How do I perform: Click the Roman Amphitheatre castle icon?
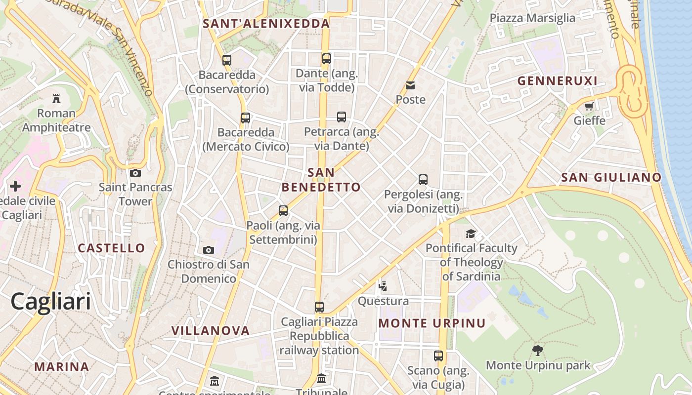pyautogui.click(x=56, y=99)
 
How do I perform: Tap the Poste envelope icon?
pyautogui.click(x=410, y=85)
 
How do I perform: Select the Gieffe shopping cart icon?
pyautogui.click(x=589, y=106)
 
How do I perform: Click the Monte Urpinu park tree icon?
pyautogui.click(x=538, y=351)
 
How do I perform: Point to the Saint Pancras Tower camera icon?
pyautogui.click(x=135, y=173)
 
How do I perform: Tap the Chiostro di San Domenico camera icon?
pyautogui.click(x=209, y=250)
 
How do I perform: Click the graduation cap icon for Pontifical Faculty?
pyautogui.click(x=471, y=234)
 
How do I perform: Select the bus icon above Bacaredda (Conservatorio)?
pyautogui.click(x=227, y=60)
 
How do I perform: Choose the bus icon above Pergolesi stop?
pyautogui.click(x=423, y=180)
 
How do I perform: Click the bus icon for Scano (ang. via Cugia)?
pyautogui.click(x=438, y=356)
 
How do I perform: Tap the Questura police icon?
pyautogui.click(x=383, y=286)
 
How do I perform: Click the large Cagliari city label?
pyautogui.click(x=51, y=301)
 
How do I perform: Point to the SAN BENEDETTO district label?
pyautogui.click(x=321, y=180)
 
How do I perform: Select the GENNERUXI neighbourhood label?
pyautogui.click(x=558, y=81)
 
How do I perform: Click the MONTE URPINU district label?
pyautogui.click(x=432, y=323)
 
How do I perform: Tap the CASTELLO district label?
pyautogui.click(x=112, y=248)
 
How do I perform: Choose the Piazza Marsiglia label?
pyautogui.click(x=532, y=18)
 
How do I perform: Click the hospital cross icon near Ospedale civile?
pyautogui.click(x=15, y=186)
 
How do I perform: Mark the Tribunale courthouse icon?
pyautogui.click(x=321, y=379)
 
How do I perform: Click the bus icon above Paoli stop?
pyautogui.click(x=283, y=211)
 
